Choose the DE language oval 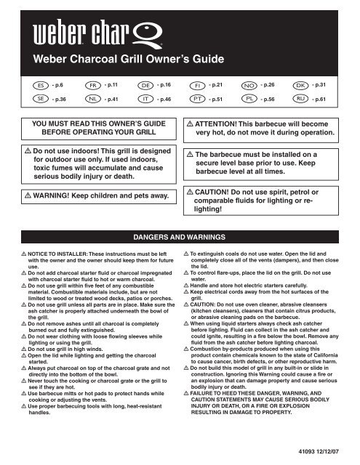[x=147, y=86]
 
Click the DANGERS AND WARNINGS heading [x=180, y=237]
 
